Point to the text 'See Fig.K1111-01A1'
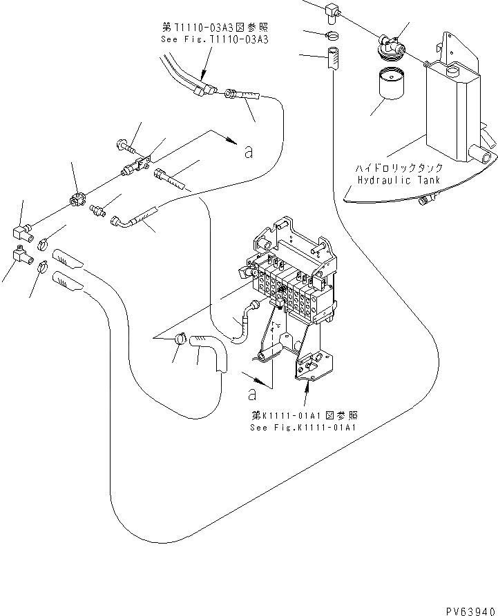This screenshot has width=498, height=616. tap(304, 427)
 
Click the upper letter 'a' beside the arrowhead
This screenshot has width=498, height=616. tap(247, 152)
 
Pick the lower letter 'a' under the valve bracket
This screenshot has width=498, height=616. tap(252, 395)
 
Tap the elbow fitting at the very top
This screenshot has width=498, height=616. tap(331, 11)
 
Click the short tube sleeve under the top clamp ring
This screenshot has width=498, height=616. tap(332, 58)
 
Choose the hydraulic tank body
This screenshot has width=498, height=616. tap(450, 110)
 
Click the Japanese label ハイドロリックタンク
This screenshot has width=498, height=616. tap(394, 168)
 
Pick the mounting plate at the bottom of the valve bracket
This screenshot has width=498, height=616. tap(312, 366)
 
